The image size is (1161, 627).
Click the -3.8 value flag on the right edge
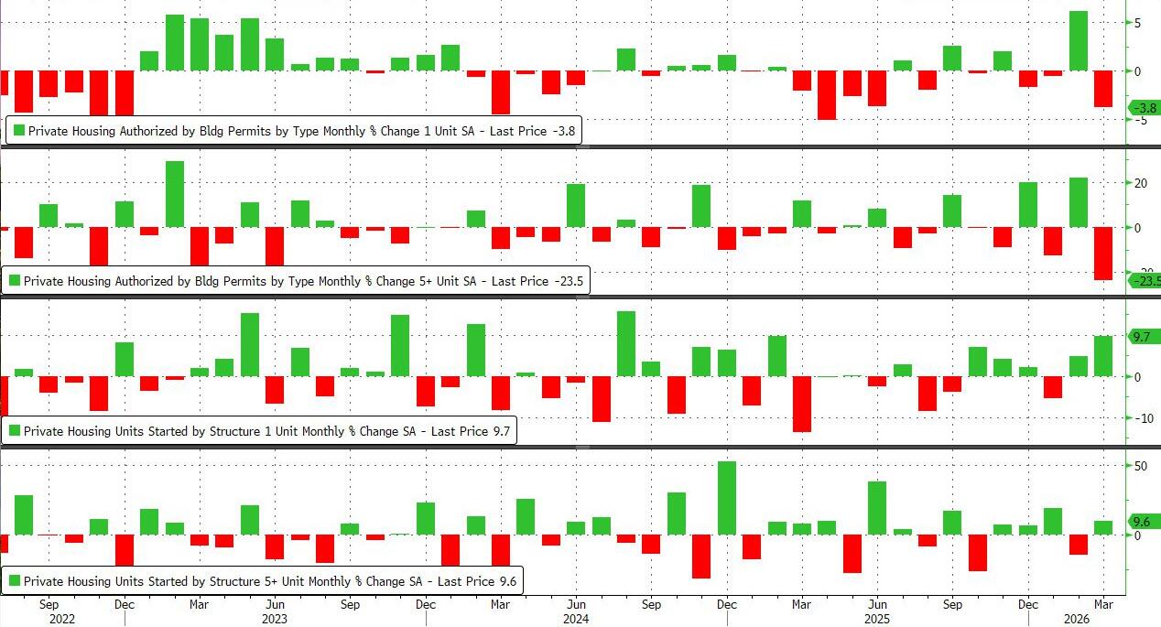point(1145,107)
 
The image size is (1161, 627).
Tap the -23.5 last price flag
point(1145,281)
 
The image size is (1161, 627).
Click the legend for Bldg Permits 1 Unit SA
point(294,131)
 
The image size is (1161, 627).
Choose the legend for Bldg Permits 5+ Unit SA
point(295,281)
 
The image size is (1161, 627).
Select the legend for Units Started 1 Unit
point(259,430)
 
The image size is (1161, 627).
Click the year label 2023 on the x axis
point(274,618)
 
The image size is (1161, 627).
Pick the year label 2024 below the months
point(576,618)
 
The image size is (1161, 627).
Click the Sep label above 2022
point(49,604)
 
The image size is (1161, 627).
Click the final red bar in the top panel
point(1103,89)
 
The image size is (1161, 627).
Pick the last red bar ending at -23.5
point(1103,254)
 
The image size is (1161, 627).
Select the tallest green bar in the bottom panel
point(727,498)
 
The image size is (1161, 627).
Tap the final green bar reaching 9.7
point(1103,356)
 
